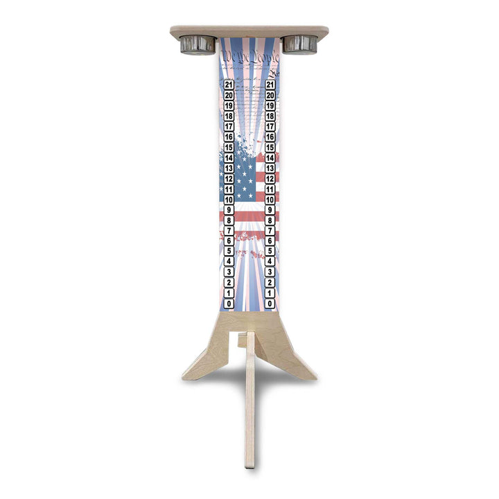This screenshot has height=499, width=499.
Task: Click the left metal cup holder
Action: pos(198,44)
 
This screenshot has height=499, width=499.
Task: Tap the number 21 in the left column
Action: pos(229,85)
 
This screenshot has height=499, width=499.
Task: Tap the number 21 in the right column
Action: pos(270,85)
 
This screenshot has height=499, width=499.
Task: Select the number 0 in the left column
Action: pos(229,304)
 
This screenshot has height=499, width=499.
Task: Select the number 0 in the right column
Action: pos(270,304)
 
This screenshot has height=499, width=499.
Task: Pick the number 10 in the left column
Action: pos(229,200)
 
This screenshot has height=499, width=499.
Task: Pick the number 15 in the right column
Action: pos(270,148)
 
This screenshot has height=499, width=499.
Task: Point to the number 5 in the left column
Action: pos(229,252)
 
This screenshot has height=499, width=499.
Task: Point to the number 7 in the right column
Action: pos(270,231)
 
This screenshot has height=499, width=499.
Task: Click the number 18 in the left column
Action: pos(229,116)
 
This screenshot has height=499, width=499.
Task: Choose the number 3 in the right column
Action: pos(270,272)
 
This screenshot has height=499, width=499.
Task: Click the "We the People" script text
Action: pos(249,58)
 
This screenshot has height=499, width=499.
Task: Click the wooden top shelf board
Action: pos(249,30)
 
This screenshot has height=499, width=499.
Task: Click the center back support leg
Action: pos(250,416)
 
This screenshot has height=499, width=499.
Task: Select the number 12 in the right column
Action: pos(270,179)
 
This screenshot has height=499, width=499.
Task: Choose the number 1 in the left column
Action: pos(229,293)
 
